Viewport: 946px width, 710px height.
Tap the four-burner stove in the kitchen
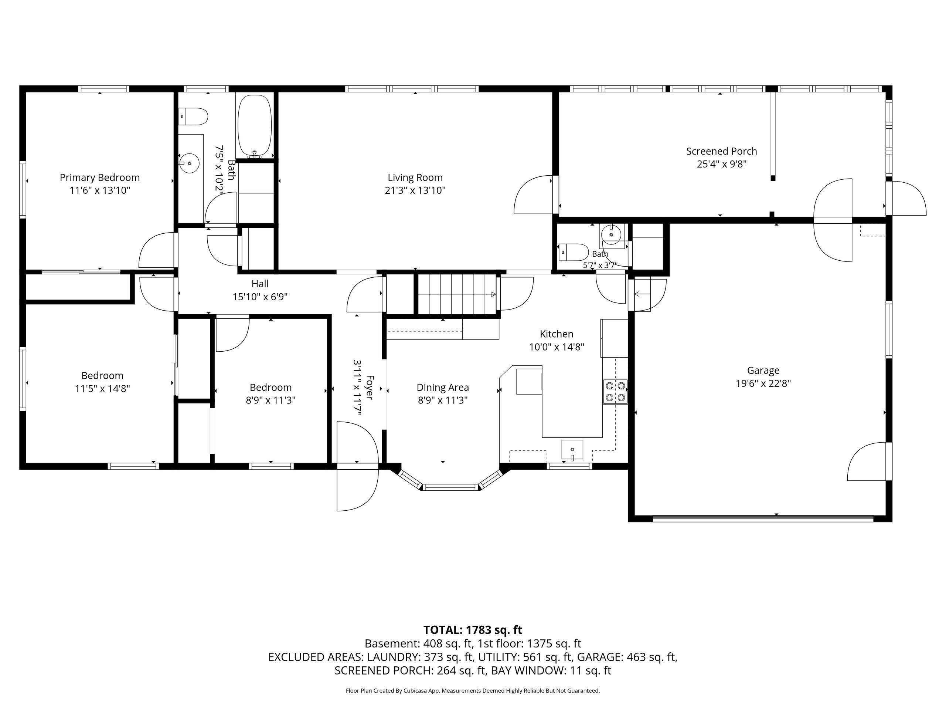615,392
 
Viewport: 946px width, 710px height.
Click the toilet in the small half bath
574,253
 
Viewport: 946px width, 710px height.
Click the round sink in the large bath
189,163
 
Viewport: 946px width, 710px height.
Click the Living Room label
415,177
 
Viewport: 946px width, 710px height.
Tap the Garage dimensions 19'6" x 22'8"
763,383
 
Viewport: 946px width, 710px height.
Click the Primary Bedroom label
100,177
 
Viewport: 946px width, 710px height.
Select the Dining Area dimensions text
443,400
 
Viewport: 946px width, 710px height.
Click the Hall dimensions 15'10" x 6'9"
260,297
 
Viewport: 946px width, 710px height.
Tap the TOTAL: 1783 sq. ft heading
473,630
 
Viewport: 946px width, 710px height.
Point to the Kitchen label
557,334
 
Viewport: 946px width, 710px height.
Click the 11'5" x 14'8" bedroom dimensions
102,389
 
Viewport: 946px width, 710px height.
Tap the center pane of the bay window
450,487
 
